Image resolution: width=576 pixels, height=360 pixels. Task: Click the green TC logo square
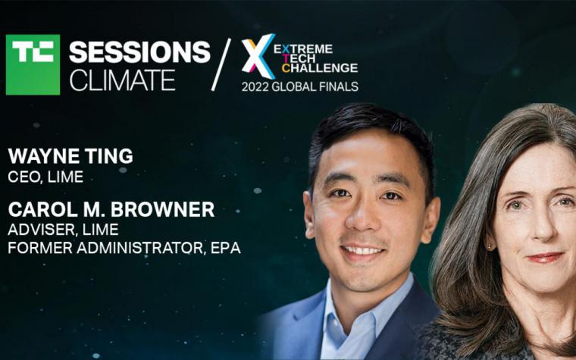coord(33,64)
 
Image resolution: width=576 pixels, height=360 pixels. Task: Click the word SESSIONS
coord(139,52)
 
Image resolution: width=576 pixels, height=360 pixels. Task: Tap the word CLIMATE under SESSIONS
coord(122,80)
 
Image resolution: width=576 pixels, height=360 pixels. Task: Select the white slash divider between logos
coord(221,64)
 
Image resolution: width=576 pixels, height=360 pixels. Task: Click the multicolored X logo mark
coord(258,56)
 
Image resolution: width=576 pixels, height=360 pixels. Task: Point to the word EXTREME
coord(303,49)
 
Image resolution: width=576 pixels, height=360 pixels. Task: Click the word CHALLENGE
coord(320,68)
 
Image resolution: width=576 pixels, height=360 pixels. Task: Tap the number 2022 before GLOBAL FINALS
coord(255,86)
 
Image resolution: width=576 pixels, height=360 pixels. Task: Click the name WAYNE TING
coord(70,156)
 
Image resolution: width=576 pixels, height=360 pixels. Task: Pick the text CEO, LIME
coord(45,177)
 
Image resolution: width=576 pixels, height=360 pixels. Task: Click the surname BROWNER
coord(162,209)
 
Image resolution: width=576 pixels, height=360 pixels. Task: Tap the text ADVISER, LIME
coord(63,230)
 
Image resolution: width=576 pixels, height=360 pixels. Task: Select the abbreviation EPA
coord(226,248)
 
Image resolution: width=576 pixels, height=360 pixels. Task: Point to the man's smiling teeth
coord(362,251)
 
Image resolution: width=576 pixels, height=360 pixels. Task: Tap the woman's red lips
coord(545,258)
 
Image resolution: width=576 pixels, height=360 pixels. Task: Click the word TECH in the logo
coord(299,58)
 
